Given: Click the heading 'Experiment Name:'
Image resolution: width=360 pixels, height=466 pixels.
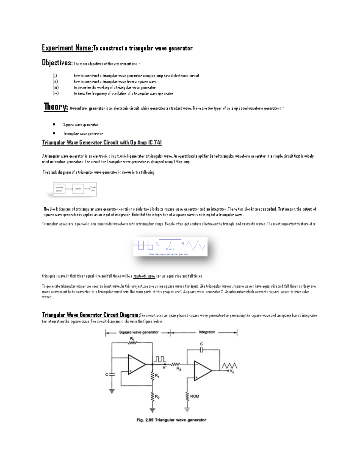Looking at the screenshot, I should pos(67,48).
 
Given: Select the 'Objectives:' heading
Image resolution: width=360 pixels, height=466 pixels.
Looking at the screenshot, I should pos(57,63).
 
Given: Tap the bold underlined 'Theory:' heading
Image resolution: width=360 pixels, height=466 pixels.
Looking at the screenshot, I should pos(56,107).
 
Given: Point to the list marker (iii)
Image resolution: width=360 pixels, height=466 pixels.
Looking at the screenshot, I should pos(55,88).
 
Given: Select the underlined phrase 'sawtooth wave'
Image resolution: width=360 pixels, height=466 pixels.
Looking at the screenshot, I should pos(144,276).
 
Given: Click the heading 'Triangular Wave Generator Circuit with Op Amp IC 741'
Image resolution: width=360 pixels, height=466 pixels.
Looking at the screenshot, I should pos(102,143).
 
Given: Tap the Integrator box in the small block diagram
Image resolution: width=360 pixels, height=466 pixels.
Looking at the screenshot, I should pos(78,189).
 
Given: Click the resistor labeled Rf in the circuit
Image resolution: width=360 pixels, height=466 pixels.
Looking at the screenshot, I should pos(132,343).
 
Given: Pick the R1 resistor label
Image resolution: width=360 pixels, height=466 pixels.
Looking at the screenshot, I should pos(157,375).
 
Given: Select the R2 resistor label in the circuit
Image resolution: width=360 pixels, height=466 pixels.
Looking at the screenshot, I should pos(157,397).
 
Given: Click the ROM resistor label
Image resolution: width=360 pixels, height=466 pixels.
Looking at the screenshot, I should pos(194,396).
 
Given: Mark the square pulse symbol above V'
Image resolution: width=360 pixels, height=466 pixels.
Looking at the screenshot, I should pos(160,359).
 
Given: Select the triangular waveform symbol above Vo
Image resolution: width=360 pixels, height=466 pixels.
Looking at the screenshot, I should pos(229,365).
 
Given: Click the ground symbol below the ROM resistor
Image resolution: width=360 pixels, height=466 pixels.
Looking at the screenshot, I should pos(187,409).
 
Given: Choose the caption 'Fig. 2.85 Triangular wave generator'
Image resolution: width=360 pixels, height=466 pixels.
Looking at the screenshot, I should pos(171,420).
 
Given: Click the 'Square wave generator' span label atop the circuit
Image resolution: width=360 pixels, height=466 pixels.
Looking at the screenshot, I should pos(139,332).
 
